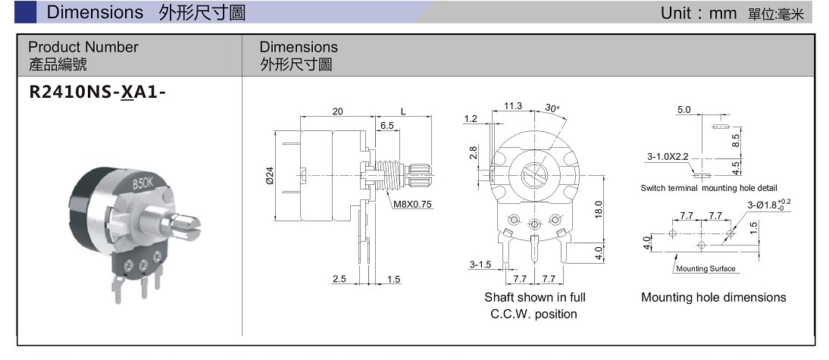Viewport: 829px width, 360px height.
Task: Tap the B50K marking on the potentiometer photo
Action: (x=142, y=184)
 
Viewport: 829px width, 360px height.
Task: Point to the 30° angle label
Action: (x=552, y=108)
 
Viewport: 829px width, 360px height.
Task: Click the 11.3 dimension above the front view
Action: (x=512, y=106)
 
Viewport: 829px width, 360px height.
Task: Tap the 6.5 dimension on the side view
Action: (x=386, y=126)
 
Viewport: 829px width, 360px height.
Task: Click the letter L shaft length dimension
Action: (x=402, y=111)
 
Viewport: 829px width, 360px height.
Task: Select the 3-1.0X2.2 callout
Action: (x=667, y=157)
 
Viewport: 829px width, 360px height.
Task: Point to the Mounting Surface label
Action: (x=705, y=268)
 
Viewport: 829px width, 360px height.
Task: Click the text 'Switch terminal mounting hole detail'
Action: (x=709, y=188)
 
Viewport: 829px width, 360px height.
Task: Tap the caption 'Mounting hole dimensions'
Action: (x=713, y=297)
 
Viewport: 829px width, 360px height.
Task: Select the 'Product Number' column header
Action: (x=83, y=47)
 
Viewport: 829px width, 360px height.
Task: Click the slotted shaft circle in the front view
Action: (x=534, y=177)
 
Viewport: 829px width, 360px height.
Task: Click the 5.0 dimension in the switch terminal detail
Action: (x=684, y=110)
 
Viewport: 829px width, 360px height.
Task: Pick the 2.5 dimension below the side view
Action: (x=339, y=280)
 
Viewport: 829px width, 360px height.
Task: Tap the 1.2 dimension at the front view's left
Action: (x=471, y=119)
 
